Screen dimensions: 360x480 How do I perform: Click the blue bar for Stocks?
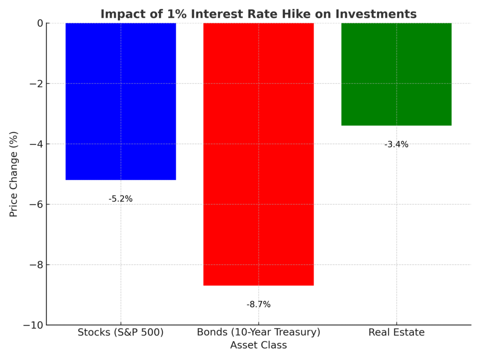click(120, 101)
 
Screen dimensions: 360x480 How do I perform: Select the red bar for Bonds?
click(258, 154)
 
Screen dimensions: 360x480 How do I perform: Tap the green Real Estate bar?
click(396, 74)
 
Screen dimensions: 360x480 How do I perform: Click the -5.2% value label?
click(120, 199)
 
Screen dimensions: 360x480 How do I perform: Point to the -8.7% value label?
click(258, 304)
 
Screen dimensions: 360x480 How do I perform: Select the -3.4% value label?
click(396, 144)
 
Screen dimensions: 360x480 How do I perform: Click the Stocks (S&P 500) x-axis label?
click(120, 333)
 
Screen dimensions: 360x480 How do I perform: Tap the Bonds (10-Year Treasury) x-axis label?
click(258, 333)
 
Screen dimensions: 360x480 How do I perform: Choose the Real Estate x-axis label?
click(396, 333)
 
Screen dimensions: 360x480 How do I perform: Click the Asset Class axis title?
click(258, 345)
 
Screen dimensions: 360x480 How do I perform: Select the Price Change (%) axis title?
click(14, 174)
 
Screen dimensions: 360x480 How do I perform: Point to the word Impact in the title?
click(119, 14)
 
